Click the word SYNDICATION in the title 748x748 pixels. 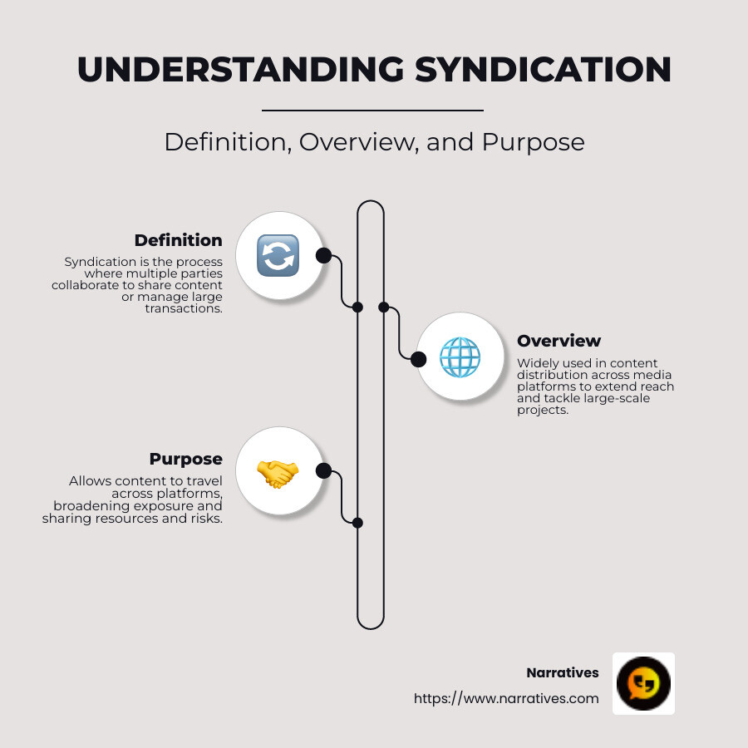tap(543, 70)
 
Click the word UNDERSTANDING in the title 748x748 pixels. tap(240, 70)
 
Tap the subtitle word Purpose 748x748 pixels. tap(533, 142)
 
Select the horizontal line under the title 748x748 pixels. tap(372, 110)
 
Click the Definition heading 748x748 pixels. tap(178, 240)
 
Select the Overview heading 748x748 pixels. tap(559, 341)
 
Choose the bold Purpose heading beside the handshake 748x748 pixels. tap(185, 459)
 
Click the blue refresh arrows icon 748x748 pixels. tap(278, 255)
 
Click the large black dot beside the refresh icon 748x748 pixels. tap(323, 255)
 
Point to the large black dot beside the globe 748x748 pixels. tap(419, 359)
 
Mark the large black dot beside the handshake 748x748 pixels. tap(323, 471)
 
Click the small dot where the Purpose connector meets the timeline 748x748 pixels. tap(357, 523)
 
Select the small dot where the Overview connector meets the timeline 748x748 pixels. tap(384, 307)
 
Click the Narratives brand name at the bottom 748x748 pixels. tap(562, 672)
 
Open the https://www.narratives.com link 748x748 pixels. tap(506, 698)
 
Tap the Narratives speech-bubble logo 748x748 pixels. tap(643, 683)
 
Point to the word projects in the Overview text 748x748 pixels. tap(542, 410)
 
